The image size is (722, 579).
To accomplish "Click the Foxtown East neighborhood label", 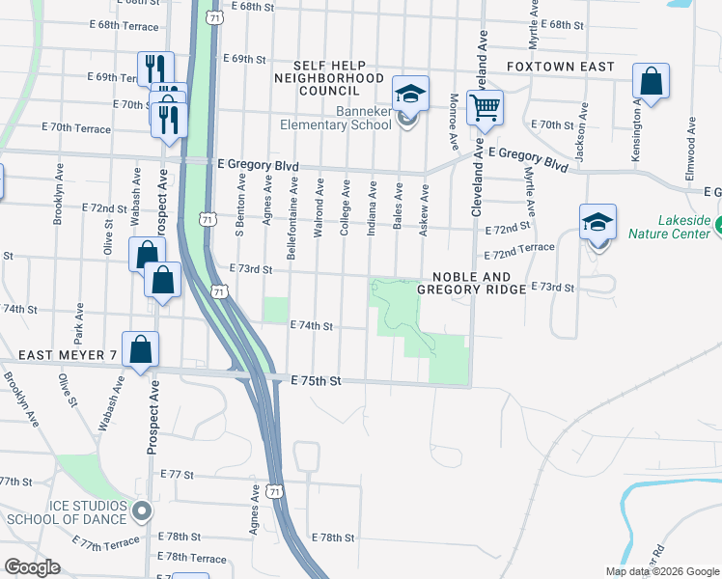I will (561, 67).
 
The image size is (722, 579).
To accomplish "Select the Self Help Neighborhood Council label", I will (328, 77).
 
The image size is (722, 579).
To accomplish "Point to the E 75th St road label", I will (317, 382).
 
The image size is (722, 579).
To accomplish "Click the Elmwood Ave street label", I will (691, 145).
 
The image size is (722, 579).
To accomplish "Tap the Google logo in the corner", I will (33, 567).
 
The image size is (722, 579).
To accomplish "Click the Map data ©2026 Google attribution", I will (661, 571).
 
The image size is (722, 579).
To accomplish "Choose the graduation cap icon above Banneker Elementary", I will (410, 95).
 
